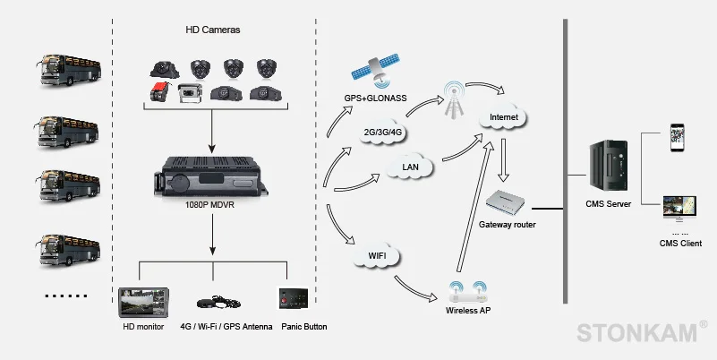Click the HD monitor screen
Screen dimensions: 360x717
coord(143,303)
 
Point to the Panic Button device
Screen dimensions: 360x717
coord(294,301)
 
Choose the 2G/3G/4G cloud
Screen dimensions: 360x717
coord(381,132)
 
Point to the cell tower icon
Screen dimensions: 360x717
coord(455,99)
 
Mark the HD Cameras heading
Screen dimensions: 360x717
coord(213,30)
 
